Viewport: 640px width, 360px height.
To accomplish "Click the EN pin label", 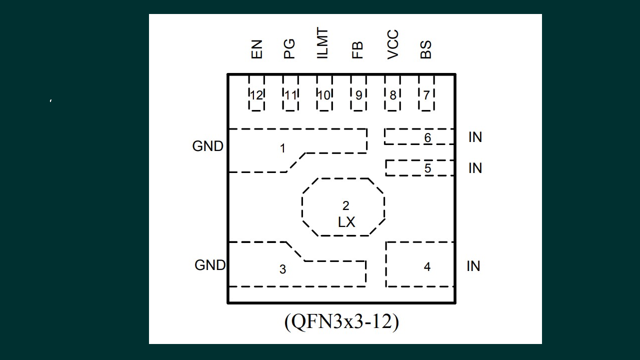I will (256, 50).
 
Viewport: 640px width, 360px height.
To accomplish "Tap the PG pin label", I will (289, 49).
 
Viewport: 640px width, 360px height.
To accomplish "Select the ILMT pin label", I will (323, 44).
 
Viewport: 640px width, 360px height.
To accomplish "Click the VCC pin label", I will (393, 44).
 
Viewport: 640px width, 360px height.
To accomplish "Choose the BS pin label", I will (426, 50).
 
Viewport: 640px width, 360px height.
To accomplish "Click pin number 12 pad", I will (256, 94).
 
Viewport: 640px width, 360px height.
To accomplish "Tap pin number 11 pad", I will (290, 94).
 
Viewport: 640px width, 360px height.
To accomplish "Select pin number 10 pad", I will (324, 94).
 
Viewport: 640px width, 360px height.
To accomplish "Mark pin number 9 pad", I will (358, 94).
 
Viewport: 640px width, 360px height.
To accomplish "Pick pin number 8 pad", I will (392, 94).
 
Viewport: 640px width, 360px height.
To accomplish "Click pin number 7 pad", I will (426, 94).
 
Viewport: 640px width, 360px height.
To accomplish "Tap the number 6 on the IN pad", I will (427, 137).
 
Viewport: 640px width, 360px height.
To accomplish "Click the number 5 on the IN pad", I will (427, 168).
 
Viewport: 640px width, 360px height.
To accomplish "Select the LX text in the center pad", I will (346, 222).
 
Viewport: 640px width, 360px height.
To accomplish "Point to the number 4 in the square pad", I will (427, 267).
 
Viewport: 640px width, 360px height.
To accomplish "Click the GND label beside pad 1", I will (207, 146).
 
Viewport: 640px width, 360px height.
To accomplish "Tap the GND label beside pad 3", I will (210, 265).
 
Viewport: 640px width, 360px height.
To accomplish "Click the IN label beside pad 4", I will (473, 266).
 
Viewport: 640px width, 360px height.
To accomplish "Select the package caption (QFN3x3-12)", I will (341, 322).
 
